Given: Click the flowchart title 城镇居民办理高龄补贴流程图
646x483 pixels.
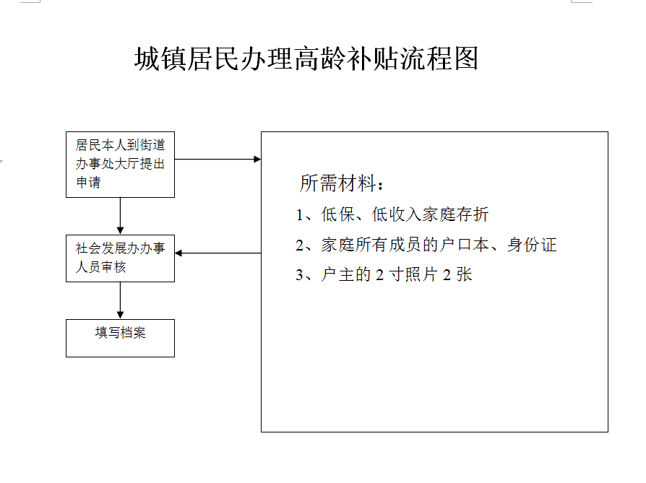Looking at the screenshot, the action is coord(306,58).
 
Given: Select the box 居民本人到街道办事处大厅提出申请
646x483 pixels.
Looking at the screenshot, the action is coord(120,165).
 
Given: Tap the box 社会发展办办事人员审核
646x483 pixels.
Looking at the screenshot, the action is coord(120,258).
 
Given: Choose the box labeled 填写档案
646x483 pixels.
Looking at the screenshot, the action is coord(120,338).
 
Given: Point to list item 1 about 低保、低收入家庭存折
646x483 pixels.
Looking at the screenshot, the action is coord(392,214).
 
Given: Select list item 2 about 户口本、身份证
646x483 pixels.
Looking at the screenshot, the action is coord(426,245).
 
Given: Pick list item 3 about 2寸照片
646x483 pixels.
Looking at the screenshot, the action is coord(384,274).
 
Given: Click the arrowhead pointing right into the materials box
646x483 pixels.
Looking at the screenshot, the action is coord(257,159).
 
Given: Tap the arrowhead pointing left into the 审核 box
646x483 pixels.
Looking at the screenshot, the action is coord(178,253).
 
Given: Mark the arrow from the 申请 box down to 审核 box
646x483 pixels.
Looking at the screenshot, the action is coord(120,216).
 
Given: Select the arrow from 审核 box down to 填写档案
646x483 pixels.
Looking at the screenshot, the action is coord(120,300).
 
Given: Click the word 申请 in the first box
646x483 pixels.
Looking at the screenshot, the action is coord(88,183).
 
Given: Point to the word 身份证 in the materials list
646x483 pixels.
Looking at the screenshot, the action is coord(532,245).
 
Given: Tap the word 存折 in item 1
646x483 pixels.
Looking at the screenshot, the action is coord(472,214).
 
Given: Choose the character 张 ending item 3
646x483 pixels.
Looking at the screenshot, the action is coord(465,274).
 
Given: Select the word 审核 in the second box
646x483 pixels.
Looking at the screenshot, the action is coord(113,267).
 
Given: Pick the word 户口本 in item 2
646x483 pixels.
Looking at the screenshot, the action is coord(465,245).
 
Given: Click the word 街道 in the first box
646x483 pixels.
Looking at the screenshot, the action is coord(152,145).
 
